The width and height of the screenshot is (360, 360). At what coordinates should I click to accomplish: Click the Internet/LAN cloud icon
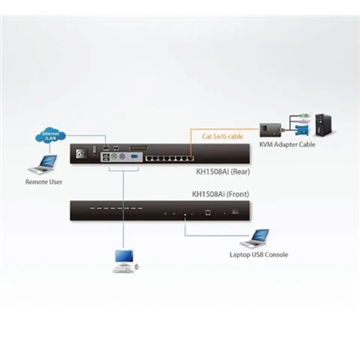point(51,135)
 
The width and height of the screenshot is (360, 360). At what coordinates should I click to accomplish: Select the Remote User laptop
point(43,164)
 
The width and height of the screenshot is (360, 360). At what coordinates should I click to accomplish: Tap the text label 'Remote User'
point(43,182)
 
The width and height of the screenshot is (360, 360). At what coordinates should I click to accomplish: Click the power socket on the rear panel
point(82,153)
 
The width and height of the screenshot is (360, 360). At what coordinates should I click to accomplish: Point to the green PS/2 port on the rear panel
point(114,157)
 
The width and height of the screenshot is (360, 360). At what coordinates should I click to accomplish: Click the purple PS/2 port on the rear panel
point(122,157)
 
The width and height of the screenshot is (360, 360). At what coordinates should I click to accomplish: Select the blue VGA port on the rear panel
point(134,157)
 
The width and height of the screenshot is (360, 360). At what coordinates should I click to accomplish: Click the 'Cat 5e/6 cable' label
point(222,136)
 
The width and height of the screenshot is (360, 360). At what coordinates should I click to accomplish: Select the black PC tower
point(324,125)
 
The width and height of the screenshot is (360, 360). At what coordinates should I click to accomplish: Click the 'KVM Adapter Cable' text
point(287,144)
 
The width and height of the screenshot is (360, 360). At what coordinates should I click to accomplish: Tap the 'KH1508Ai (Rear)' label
point(223,172)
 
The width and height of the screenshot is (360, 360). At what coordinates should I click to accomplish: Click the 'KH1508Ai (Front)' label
point(220,194)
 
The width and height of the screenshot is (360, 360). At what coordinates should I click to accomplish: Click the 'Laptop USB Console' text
point(259,255)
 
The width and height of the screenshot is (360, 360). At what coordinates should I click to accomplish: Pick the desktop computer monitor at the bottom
point(124,256)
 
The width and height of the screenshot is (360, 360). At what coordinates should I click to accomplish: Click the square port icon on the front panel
point(208,213)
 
